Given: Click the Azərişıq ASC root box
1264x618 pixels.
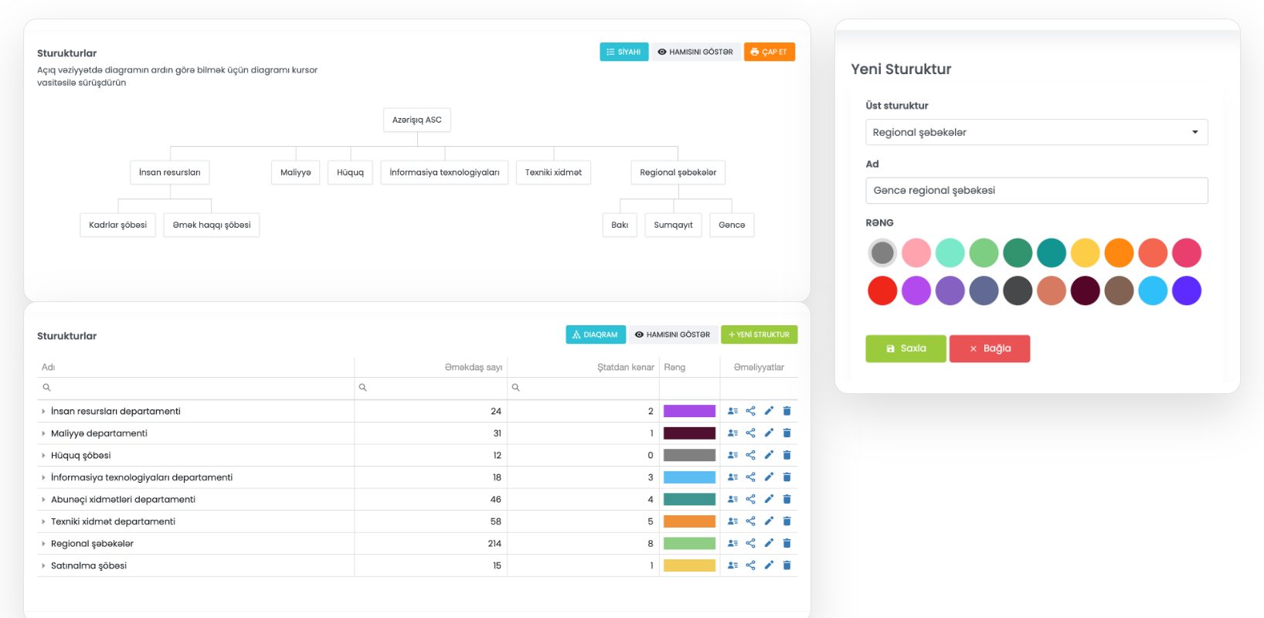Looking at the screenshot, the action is [417, 120].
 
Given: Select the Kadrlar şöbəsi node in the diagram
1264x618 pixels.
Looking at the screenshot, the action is [118, 225].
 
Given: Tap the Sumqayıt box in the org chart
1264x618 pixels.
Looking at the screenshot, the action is [673, 225].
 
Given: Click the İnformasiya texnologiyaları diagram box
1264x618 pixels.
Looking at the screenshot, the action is [445, 172].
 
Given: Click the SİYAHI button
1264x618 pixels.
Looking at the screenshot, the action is [624, 52].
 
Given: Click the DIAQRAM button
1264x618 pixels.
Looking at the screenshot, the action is [596, 334].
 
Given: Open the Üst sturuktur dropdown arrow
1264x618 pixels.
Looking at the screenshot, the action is [1194, 132].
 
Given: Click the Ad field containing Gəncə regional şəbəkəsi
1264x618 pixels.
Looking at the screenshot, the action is [1037, 191].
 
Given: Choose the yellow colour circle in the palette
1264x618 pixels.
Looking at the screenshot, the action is [1085, 253].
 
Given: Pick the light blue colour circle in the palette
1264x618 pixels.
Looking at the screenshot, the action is [1153, 290].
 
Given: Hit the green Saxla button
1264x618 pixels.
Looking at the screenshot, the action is [906, 349].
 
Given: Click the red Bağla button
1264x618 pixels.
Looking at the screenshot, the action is [990, 349].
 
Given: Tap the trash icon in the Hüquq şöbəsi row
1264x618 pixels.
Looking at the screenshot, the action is [787, 455].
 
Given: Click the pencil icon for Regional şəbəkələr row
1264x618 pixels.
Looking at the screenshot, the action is [769, 543].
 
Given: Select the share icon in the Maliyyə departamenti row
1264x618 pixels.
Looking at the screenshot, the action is [750, 433].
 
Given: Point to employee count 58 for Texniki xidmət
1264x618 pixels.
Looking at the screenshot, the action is [495, 521].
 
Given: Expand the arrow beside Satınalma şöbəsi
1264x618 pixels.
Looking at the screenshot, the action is [43, 565].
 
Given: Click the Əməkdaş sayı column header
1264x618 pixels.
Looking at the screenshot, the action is [474, 368].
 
